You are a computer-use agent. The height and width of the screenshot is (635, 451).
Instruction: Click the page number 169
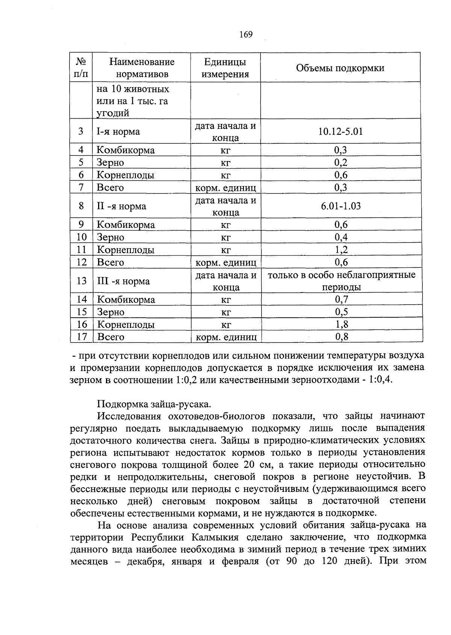[x=246, y=35]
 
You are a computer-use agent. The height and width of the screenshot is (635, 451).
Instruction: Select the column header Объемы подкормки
[x=340, y=68]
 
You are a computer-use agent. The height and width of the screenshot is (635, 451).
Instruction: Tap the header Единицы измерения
[x=225, y=68]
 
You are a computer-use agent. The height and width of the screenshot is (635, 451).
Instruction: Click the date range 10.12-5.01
[x=341, y=131]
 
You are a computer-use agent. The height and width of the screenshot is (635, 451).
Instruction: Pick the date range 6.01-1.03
[x=341, y=206]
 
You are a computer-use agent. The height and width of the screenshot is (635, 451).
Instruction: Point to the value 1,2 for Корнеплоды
[x=341, y=250]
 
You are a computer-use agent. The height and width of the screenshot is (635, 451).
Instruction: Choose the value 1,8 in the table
[x=341, y=324]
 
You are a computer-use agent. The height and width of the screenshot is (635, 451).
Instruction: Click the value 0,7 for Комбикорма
[x=341, y=300]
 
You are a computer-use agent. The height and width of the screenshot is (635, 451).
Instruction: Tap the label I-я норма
[x=118, y=131]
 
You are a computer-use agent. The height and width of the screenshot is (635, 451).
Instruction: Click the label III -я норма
[x=123, y=281]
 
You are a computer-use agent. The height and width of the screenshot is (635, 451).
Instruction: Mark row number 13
[x=82, y=281]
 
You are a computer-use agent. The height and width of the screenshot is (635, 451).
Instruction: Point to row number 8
[x=81, y=206]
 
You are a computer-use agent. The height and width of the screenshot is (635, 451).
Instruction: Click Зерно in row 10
[x=110, y=237]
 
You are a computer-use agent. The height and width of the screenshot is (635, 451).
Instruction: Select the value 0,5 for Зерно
[x=341, y=312]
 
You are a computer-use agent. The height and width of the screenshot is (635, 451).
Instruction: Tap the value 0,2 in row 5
[x=341, y=163]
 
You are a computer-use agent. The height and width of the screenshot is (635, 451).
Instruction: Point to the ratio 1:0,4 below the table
[x=380, y=380]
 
